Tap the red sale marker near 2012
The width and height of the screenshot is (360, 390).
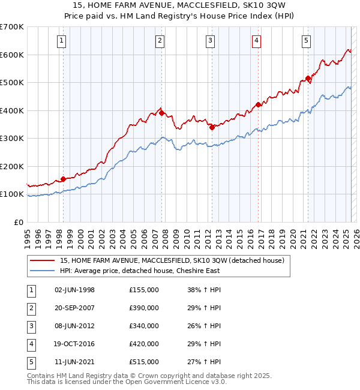click(212, 127)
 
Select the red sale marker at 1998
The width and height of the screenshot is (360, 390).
click(63, 179)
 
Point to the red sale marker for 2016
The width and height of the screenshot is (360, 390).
click(258, 104)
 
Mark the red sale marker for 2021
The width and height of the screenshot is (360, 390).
click(308, 78)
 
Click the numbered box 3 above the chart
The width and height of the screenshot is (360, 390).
click(211, 41)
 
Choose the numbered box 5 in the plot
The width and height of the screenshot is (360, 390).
click(306, 41)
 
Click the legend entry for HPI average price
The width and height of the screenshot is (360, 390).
click(139, 271)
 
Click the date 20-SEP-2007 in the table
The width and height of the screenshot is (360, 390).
click(74, 308)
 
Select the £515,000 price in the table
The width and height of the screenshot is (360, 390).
click(144, 362)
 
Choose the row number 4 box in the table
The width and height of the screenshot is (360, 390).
click(31, 344)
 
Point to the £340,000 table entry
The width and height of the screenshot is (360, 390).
click(144, 326)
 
